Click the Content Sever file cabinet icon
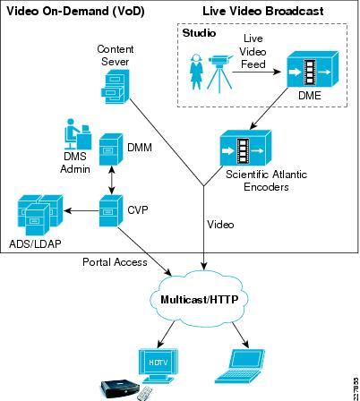coord(115,87)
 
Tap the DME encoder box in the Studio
coord(313,70)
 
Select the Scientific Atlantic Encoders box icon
coord(245,148)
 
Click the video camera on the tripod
coord(220,73)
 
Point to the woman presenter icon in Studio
coord(196,72)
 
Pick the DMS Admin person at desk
coord(78,134)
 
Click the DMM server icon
coord(111,149)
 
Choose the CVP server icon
coord(111,210)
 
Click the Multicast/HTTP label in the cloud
coord(200,299)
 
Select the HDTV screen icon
coord(159,366)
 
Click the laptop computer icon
coord(240,366)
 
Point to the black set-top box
coord(120,388)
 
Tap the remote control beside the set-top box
coord(145,394)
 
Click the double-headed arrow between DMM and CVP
coord(112,180)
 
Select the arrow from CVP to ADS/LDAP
coord(81,211)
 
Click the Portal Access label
coord(115,262)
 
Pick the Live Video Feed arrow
coord(257,72)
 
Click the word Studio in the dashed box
coord(199,33)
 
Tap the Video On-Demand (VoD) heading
coord(76,12)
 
